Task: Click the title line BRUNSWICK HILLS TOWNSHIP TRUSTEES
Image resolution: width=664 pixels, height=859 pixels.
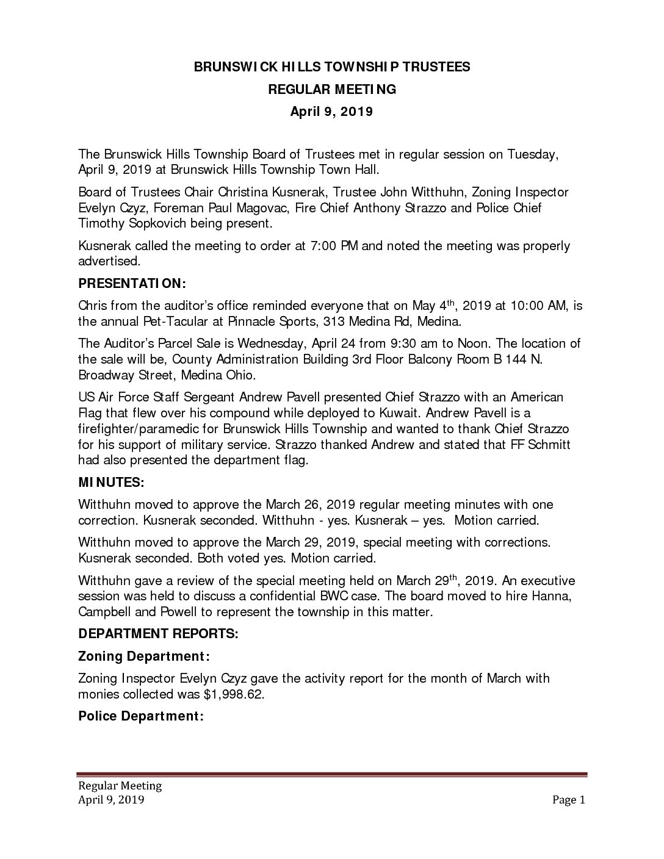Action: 332,67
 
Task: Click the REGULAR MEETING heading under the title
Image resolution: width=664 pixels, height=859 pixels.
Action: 332,90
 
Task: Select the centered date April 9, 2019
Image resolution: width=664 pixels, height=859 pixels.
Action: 331,112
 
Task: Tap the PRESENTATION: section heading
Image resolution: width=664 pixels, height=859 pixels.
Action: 132,284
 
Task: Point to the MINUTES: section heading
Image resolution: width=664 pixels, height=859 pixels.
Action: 111,483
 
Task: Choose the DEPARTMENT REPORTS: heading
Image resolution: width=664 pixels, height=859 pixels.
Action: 158,634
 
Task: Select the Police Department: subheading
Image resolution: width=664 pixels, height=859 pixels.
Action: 141,716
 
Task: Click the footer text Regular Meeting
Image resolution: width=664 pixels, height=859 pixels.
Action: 119,786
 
